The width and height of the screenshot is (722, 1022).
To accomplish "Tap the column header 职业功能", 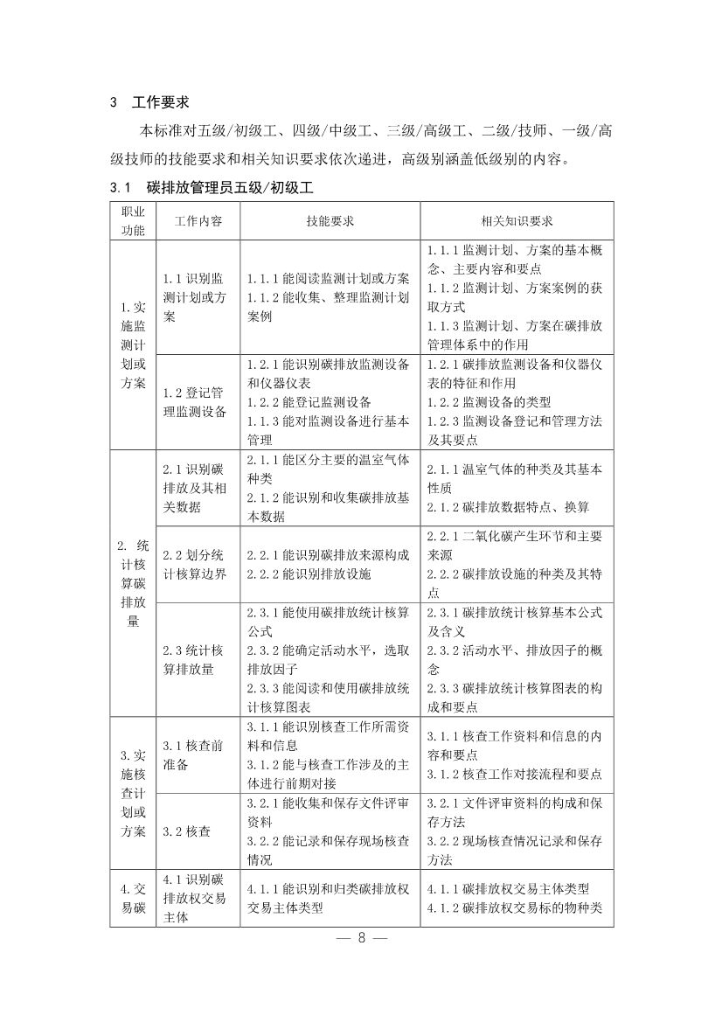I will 133,221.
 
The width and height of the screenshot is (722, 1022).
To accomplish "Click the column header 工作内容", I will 198,221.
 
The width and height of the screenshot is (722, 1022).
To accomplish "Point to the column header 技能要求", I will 330,221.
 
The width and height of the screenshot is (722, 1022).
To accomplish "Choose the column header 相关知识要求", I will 517,221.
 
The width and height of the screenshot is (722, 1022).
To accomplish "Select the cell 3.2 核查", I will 186,831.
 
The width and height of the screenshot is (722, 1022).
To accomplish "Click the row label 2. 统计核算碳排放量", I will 133,583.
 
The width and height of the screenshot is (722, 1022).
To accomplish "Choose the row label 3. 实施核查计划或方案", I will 133,793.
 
